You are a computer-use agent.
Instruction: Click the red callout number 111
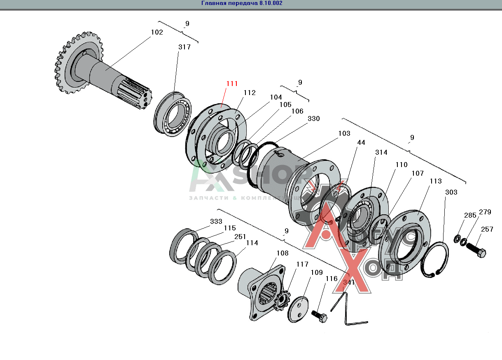click(232, 84)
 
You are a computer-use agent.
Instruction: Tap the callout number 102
click(157, 33)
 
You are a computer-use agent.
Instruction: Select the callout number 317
click(184, 47)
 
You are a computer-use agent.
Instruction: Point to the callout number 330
click(313, 118)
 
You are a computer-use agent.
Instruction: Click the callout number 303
click(451, 192)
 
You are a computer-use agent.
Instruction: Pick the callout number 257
click(487, 229)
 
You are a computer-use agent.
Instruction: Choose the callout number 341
click(348, 282)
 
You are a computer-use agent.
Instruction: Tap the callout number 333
click(216, 221)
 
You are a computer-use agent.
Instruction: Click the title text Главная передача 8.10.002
click(242, 3)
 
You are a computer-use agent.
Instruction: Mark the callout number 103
click(344, 133)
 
